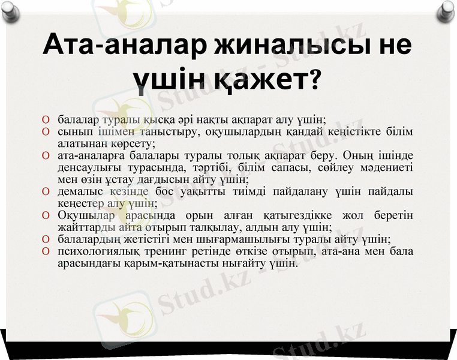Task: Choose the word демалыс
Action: [81, 191]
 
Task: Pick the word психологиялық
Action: [98, 251]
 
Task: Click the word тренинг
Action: [169, 251]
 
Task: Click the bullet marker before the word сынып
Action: [46, 131]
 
